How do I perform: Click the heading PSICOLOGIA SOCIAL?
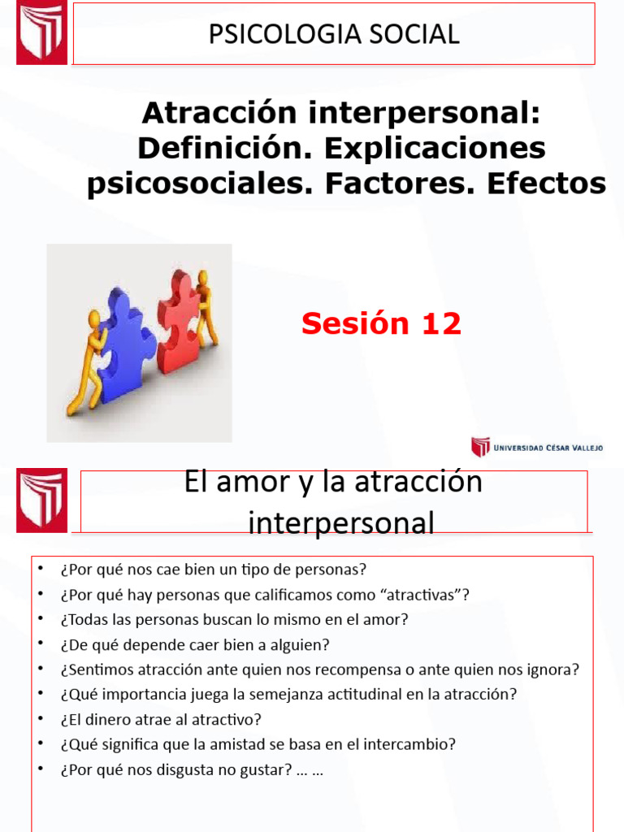coord(334,34)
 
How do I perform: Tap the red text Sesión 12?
coord(381,323)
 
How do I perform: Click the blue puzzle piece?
coord(123,344)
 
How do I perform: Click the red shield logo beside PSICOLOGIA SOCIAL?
coord(41,32)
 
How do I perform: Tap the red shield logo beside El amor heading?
coord(41,500)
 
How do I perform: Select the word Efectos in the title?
coord(547,183)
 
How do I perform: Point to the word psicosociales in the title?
coord(200,184)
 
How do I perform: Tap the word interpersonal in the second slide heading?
coord(341,523)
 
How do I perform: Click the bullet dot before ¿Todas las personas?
coord(41,618)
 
